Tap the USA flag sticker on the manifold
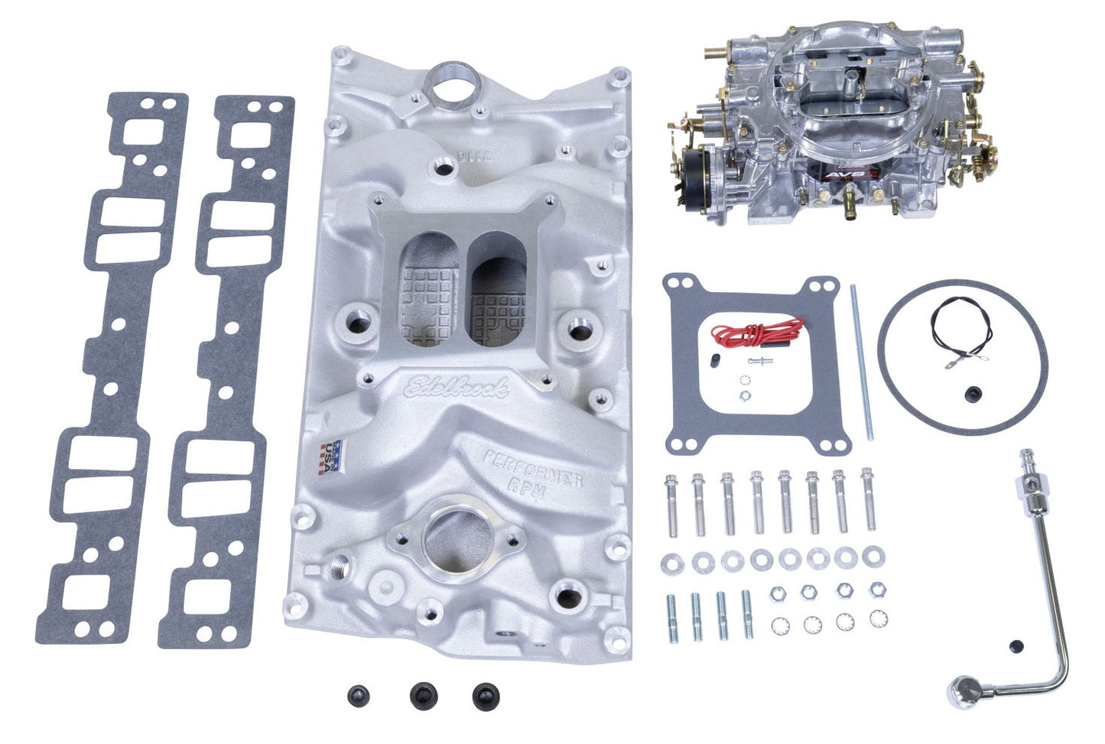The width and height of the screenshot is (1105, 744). (x=330, y=457)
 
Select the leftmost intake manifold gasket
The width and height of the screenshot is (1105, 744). (x=113, y=367)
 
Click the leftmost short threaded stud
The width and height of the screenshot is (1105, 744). (x=670, y=616)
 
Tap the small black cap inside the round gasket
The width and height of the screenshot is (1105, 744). (x=973, y=393)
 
